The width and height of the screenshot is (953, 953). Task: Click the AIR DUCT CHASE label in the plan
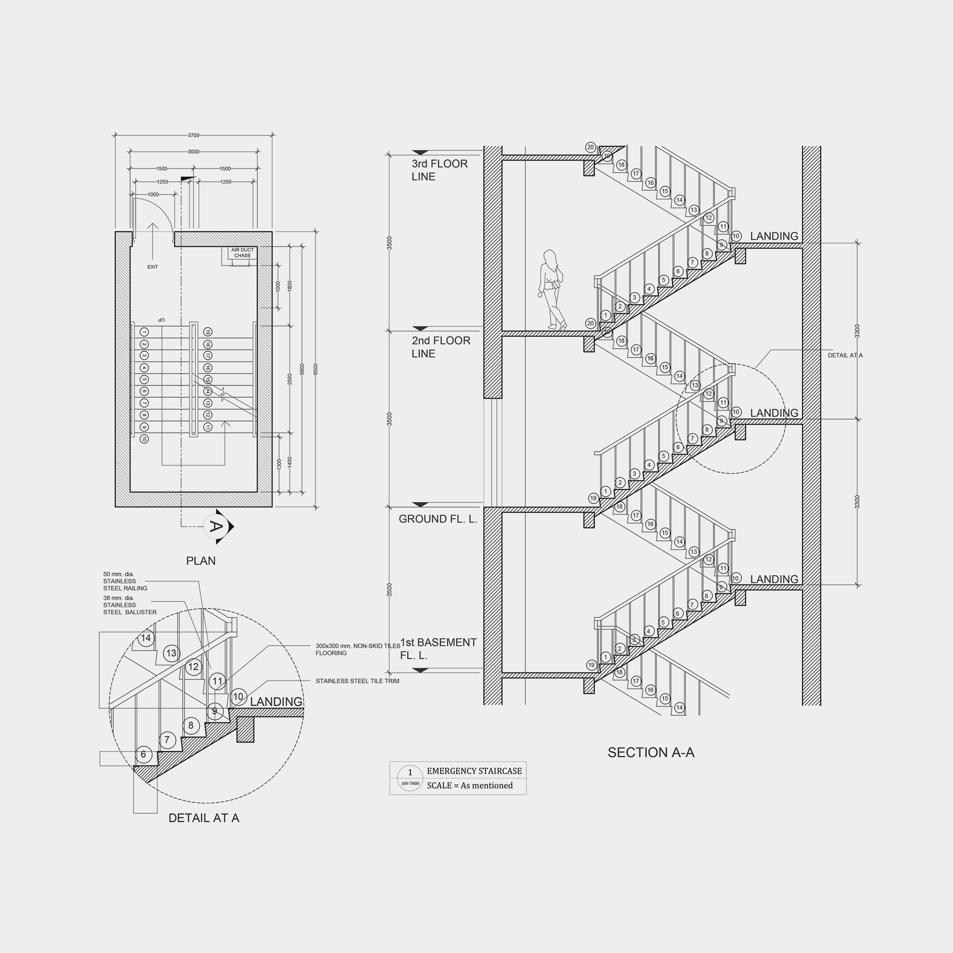pos(242,253)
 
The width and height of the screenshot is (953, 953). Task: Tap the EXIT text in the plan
pos(152,267)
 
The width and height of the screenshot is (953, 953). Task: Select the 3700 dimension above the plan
pos(193,135)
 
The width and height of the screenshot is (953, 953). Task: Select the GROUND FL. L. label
pos(437,519)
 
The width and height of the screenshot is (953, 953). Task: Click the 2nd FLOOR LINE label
pos(441,347)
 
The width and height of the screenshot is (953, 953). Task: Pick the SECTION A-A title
pos(651,752)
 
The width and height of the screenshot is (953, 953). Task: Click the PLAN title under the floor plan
pos(200,561)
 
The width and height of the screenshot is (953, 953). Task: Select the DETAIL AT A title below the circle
pos(204,818)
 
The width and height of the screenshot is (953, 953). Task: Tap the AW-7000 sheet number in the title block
pos(410,783)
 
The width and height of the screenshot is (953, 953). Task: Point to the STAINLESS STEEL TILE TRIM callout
pos(357,681)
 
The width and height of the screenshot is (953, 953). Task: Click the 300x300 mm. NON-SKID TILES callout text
pos(357,649)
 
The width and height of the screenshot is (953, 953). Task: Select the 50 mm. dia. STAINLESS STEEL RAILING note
pos(125,581)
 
